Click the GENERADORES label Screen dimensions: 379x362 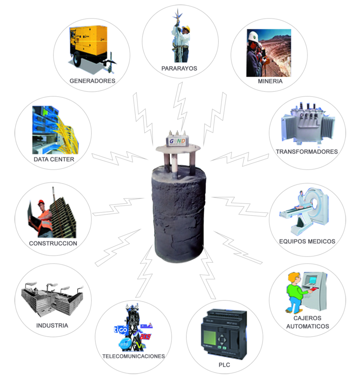click(x=92, y=80)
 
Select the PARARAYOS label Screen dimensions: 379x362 click(x=179, y=68)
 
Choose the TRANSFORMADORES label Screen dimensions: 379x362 click(x=307, y=151)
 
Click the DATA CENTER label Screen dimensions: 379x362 click(x=54, y=159)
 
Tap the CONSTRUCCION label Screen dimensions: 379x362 click(x=53, y=244)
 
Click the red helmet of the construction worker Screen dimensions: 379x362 click(x=41, y=202)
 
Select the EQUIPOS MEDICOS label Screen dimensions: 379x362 click(x=307, y=241)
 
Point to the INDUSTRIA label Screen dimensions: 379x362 click(x=52, y=326)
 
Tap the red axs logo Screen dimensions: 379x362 click(x=146, y=337)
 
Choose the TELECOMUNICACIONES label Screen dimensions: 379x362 click(x=133, y=356)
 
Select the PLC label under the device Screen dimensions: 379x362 click(x=224, y=365)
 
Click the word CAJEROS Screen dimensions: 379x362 click(x=307, y=318)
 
